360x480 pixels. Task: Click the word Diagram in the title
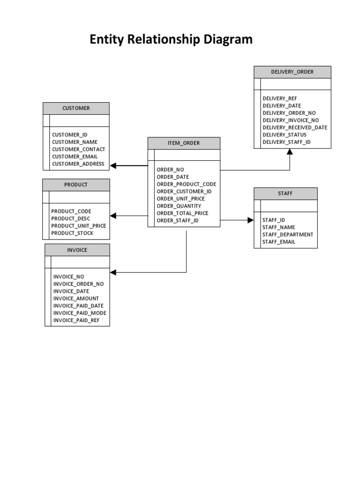[x=228, y=40]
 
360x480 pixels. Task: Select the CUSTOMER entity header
[x=76, y=108]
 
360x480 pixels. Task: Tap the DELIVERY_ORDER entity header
[x=292, y=72]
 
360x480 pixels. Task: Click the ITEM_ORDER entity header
[x=184, y=143]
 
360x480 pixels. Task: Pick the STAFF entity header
[x=285, y=193]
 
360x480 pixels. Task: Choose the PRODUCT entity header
[x=76, y=185]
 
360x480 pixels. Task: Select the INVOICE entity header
[x=77, y=250]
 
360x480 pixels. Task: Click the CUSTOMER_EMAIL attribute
[x=75, y=157]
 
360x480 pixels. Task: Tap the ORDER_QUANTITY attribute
[x=179, y=206]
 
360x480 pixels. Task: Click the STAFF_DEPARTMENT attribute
[x=288, y=234]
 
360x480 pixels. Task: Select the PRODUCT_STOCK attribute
[x=72, y=233]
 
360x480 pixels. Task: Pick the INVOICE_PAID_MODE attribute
[x=80, y=313]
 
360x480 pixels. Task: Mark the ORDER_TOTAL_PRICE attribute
[x=182, y=213]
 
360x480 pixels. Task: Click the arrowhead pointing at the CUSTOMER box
[x=113, y=165]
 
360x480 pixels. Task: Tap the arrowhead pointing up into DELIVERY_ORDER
[x=290, y=152]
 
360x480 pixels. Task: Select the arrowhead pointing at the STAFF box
[x=250, y=220]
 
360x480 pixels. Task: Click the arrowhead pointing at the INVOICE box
[x=113, y=272]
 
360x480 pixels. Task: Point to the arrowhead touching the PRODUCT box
[x=113, y=216]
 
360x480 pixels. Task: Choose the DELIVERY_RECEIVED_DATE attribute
[x=295, y=127]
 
